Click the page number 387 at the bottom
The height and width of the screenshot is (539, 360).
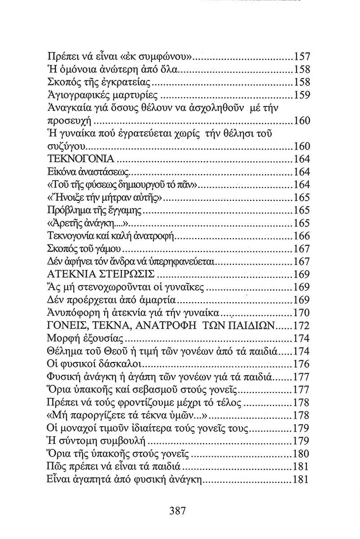pyautogui.click(x=178, y=511)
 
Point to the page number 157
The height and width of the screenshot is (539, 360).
pyautogui.click(x=302, y=57)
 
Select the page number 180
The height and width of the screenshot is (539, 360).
pyautogui.click(x=302, y=453)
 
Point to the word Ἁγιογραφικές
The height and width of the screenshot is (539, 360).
pyautogui.click(x=74, y=96)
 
